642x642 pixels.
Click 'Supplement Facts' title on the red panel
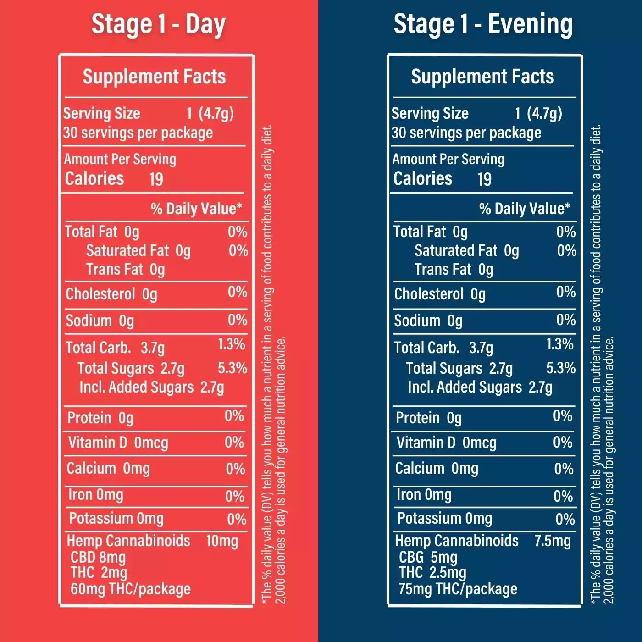(154, 77)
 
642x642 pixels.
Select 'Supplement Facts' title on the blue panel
(482, 77)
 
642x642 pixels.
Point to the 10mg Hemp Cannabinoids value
(222, 541)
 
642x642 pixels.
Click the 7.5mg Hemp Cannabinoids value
(553, 541)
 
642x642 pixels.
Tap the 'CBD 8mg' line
(98, 557)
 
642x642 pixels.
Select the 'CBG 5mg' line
(428, 557)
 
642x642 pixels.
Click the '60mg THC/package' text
(131, 589)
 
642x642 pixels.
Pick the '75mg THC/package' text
(458, 589)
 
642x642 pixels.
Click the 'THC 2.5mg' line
(433, 573)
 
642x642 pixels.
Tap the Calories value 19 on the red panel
(156, 180)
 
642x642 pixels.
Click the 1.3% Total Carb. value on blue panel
(560, 344)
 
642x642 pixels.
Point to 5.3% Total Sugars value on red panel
(232, 368)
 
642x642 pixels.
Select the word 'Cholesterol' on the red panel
(100, 294)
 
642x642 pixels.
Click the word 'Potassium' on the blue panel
(429, 518)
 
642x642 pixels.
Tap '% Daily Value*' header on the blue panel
(525, 209)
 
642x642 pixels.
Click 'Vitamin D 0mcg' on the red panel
(118, 443)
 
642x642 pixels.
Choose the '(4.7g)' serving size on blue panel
(545, 114)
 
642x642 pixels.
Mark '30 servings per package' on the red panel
(138, 133)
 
